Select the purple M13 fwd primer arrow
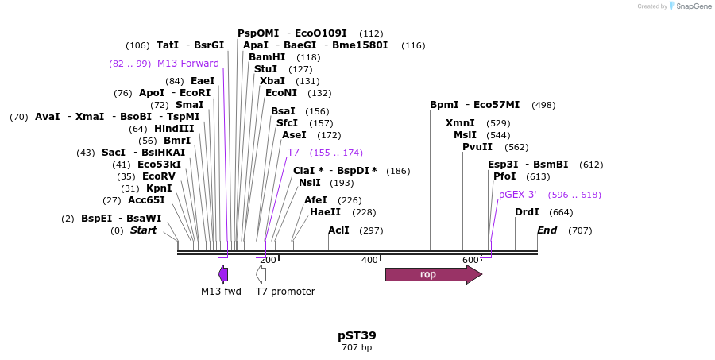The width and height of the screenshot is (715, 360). click(x=223, y=275)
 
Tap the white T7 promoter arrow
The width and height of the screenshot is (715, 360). click(x=261, y=275)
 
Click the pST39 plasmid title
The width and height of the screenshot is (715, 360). click(x=357, y=335)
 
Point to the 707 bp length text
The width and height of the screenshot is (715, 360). click(x=357, y=347)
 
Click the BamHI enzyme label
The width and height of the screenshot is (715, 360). click(x=267, y=57)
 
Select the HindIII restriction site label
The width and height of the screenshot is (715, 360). click(x=173, y=129)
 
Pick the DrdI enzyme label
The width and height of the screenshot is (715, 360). click(x=527, y=212)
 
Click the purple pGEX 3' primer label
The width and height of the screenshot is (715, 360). click(x=518, y=195)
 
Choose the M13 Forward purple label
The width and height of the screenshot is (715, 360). click(x=188, y=64)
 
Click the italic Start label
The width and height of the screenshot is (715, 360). click(x=144, y=230)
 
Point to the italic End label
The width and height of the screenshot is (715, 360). click(x=547, y=230)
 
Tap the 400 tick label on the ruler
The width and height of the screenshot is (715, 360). click(x=369, y=260)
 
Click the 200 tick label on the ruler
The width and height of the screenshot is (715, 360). click(x=269, y=260)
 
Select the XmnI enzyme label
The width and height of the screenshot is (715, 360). click(x=460, y=123)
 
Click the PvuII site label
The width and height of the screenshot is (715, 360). click(x=477, y=147)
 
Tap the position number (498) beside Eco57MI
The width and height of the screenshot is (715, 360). click(x=543, y=105)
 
